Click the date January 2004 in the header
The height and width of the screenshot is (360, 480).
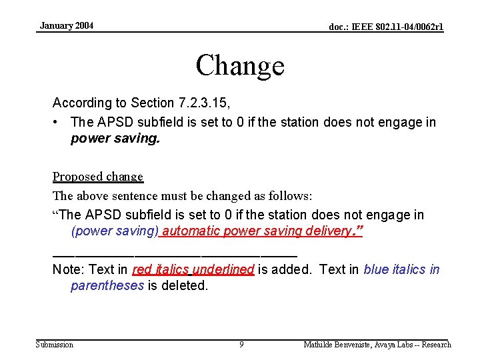pyautogui.click(x=67, y=26)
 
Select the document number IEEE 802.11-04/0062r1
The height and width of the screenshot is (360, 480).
pyautogui.click(x=386, y=27)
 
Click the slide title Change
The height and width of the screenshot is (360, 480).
pyautogui.click(x=240, y=65)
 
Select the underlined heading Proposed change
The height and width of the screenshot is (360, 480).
pyautogui.click(x=98, y=177)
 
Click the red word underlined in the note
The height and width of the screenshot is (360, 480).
pyautogui.click(x=223, y=269)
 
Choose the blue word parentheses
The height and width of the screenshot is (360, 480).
pyautogui.click(x=107, y=285)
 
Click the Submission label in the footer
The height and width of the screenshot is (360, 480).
pyautogui.click(x=55, y=345)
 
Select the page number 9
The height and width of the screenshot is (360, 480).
pyautogui.click(x=241, y=345)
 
